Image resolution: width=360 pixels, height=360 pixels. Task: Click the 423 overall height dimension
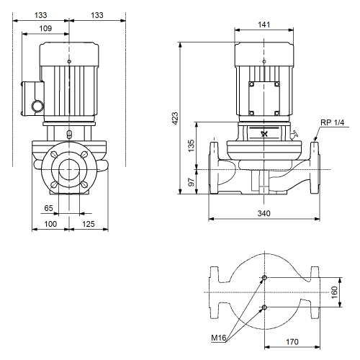click(176, 118)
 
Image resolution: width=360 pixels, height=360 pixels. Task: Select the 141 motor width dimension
click(264, 24)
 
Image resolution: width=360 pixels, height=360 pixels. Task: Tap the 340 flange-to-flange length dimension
click(264, 213)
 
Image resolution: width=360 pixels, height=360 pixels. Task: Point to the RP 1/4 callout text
click(333, 122)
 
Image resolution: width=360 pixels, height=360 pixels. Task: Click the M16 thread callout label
click(219, 338)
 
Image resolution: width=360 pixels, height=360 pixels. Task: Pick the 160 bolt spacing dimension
click(334, 292)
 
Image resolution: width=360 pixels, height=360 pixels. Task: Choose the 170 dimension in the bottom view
click(292, 341)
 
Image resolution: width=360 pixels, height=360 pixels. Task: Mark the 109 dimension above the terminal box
click(45, 28)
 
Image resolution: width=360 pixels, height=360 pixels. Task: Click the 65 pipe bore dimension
click(48, 208)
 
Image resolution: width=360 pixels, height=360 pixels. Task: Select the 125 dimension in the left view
click(89, 224)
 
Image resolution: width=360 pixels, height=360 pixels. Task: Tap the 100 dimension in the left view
click(50, 224)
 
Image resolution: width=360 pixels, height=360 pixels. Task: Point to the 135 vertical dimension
click(191, 145)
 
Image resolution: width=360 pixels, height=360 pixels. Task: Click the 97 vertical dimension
click(191, 182)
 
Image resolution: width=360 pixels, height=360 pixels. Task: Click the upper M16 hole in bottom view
click(264, 278)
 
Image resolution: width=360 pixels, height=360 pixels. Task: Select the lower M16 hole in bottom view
click(264, 307)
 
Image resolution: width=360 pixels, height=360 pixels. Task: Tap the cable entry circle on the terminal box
click(38, 106)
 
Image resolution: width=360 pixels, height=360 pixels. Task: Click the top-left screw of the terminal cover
click(251, 84)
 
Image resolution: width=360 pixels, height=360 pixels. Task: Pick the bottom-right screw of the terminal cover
click(276, 113)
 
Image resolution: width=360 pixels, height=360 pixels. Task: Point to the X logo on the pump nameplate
click(264, 134)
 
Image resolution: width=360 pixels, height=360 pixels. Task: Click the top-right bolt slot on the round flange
click(84, 155)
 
